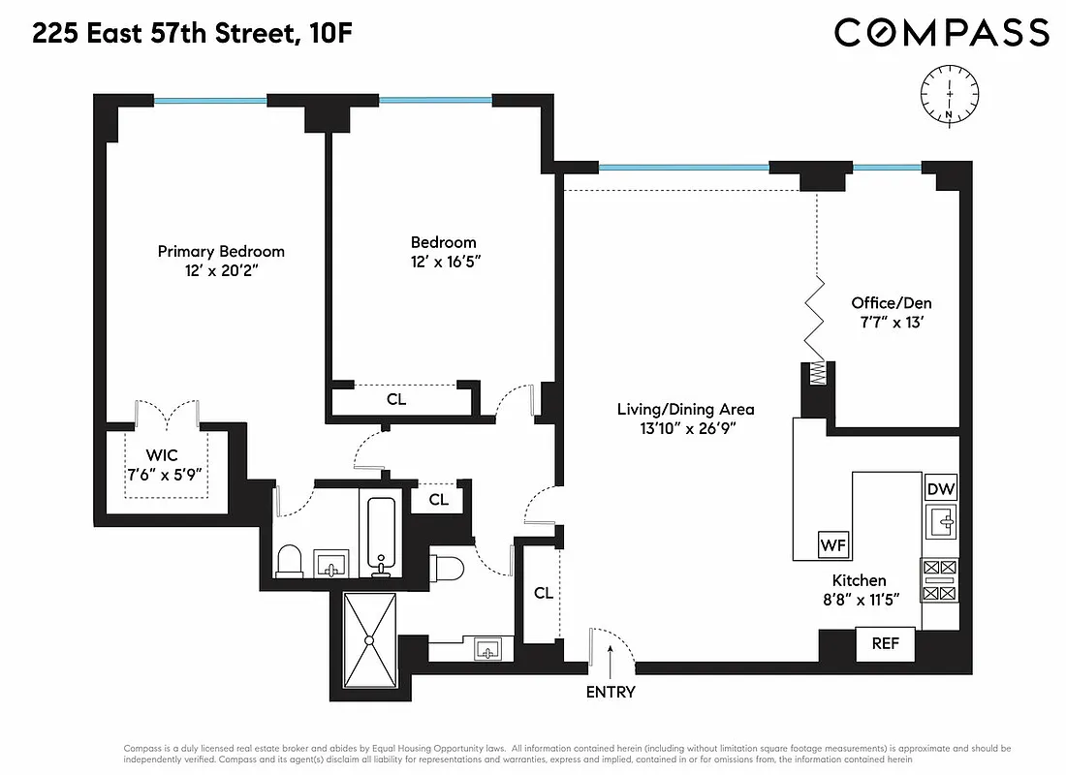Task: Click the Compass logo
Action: click(x=941, y=33)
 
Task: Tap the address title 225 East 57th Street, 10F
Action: click(x=192, y=35)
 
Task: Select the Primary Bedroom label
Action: click(x=221, y=251)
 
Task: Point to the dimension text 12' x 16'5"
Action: click(x=444, y=262)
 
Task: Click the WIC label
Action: click(x=163, y=454)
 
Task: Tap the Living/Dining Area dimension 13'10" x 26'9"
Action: click(x=685, y=429)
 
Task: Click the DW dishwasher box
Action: click(x=940, y=488)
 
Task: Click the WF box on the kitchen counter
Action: click(x=833, y=544)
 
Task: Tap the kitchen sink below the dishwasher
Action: click(x=940, y=522)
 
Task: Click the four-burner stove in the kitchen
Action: click(x=940, y=579)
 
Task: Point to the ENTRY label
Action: click(x=611, y=692)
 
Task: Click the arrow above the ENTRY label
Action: click(x=610, y=664)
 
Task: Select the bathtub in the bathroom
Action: click(x=380, y=536)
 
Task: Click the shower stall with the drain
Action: click(x=369, y=639)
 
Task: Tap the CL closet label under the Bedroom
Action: click(x=396, y=398)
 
